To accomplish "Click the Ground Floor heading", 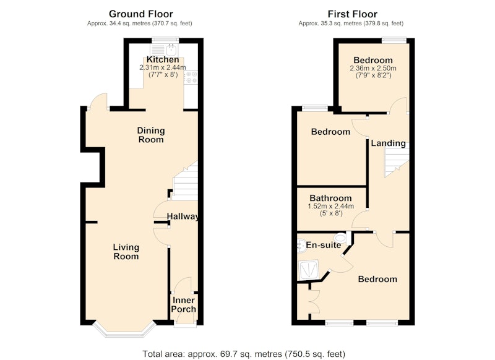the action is click(x=141, y=14).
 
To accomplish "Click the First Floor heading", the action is click(x=352, y=14).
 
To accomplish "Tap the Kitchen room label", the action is click(x=163, y=59).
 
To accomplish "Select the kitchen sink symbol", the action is click(x=164, y=50).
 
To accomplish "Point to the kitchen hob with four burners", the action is click(x=191, y=77).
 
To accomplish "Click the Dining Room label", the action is click(x=151, y=135).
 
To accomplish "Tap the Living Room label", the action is click(x=126, y=252).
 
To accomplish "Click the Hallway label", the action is click(x=183, y=216).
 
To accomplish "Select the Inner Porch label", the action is click(x=183, y=304).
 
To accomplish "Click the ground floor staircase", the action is click(x=186, y=181).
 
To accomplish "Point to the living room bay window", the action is click(x=125, y=330).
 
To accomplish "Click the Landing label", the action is click(x=389, y=144).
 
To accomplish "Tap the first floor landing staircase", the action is click(x=397, y=160).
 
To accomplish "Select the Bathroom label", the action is click(x=330, y=198).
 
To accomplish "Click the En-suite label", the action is click(x=324, y=245).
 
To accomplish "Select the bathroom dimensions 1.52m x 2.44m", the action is click(x=330, y=207).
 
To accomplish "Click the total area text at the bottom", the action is click(x=244, y=354).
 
